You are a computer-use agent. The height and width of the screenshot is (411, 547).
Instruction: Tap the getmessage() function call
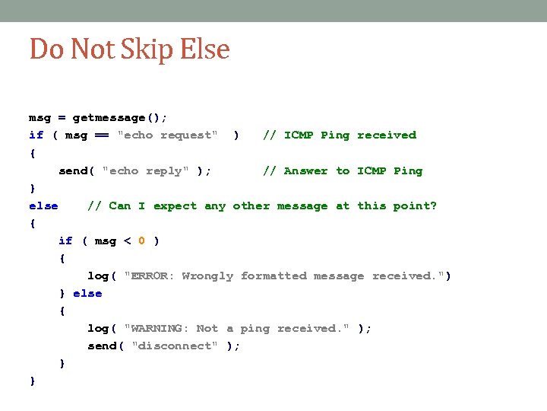click(x=119, y=118)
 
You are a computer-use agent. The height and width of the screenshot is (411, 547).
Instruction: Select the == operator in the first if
click(x=101, y=135)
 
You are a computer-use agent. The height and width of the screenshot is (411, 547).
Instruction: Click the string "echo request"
click(x=167, y=135)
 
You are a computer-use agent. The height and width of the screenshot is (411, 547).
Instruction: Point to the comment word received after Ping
click(x=387, y=135)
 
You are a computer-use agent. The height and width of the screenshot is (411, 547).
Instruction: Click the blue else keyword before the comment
click(x=43, y=205)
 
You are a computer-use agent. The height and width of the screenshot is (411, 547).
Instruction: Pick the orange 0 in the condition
click(x=141, y=241)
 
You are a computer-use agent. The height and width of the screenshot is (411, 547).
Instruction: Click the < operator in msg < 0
click(x=127, y=241)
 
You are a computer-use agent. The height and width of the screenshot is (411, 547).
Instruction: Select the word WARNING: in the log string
click(x=160, y=329)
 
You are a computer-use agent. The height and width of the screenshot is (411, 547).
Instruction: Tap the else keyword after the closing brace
click(x=87, y=294)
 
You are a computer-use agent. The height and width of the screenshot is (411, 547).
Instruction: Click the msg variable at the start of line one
click(x=40, y=118)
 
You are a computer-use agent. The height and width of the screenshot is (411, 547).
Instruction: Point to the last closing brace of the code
click(x=32, y=381)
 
